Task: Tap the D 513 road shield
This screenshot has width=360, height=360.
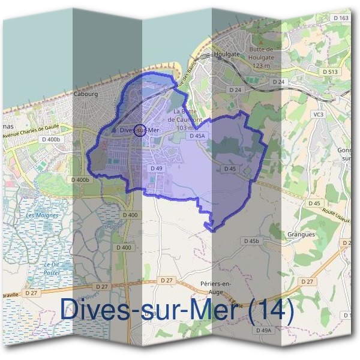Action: coord(331,71)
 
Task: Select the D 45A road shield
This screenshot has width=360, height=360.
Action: coord(197,136)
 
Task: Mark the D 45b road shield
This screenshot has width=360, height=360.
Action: coord(251,241)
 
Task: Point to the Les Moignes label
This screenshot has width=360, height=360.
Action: coord(43,215)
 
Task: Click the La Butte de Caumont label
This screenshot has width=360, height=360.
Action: coord(185,119)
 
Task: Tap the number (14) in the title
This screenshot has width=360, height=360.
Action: coord(272,310)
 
